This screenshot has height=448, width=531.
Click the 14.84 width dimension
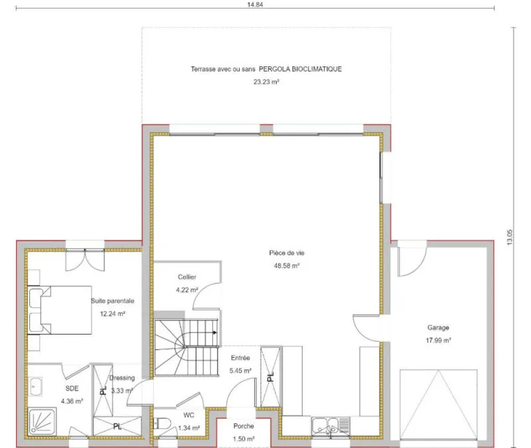point(255,5)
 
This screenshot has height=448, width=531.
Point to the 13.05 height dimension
point(510,238)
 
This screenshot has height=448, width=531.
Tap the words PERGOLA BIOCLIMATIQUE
point(301,69)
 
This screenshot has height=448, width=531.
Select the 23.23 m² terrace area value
point(266,82)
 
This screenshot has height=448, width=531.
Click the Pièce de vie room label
point(287,253)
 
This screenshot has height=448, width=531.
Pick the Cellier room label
point(187,277)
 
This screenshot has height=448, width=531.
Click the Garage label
point(438,327)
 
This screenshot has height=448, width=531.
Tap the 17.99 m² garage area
point(438,340)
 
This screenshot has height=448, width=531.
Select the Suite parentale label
point(112,301)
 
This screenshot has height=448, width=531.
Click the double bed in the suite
point(60,310)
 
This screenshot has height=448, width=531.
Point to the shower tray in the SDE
point(42,422)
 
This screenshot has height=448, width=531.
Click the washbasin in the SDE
point(36,386)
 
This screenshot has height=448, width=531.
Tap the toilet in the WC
point(162,423)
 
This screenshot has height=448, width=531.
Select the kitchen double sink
point(325,425)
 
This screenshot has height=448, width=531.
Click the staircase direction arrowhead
point(214,333)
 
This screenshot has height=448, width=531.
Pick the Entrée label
point(240,358)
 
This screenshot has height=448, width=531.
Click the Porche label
point(244,426)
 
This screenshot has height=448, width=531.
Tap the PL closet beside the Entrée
point(270,376)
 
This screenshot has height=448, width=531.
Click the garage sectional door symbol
point(438,405)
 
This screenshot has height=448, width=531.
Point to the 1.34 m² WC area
point(189,428)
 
